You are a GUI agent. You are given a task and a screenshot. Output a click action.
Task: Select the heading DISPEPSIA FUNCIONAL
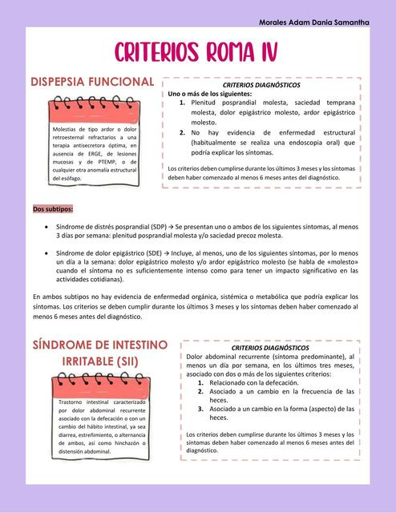(91, 83)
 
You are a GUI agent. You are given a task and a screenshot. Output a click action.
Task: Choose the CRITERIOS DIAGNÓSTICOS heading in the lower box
(269, 348)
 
